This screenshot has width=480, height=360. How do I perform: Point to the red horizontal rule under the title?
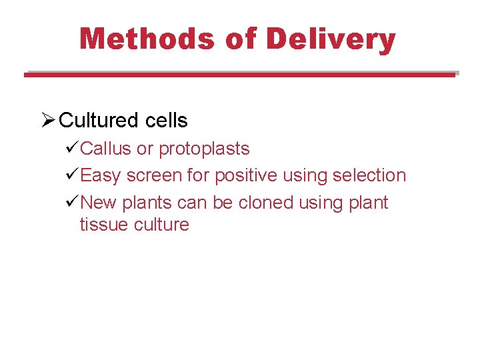[x=240, y=75]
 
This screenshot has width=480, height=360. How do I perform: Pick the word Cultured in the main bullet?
[x=97, y=121]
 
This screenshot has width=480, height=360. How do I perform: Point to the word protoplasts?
[x=203, y=149]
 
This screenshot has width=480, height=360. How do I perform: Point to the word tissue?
[x=104, y=225]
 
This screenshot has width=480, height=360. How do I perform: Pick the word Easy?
[x=100, y=176]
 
